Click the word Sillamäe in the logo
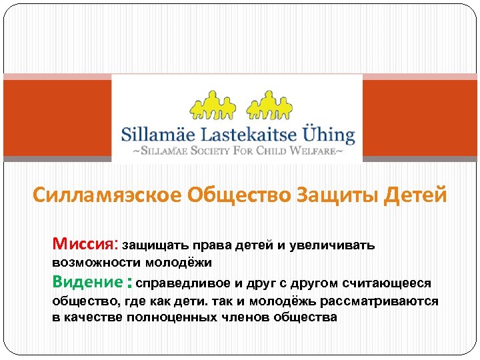(x=158, y=133)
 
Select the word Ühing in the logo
(x=327, y=133)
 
